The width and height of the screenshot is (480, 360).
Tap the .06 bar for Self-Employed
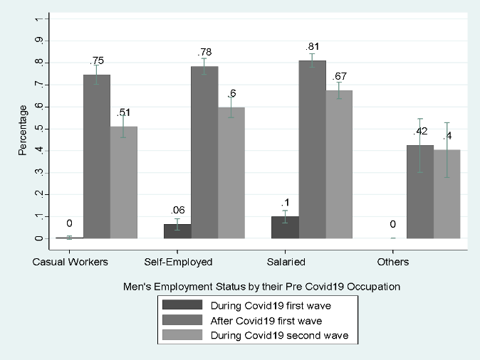pyautogui.click(x=177, y=231)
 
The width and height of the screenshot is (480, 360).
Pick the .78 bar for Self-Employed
pyautogui.click(x=204, y=152)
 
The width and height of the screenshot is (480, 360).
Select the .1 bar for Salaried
pyautogui.click(x=285, y=227)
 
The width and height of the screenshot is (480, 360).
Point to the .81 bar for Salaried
pyautogui.click(x=312, y=149)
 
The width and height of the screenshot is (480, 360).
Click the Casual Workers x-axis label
pyautogui.click(x=71, y=262)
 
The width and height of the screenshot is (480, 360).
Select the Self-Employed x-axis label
pyautogui.click(x=178, y=262)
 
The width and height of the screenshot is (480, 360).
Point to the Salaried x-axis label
pyautogui.click(x=286, y=262)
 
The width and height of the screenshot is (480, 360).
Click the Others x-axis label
pyautogui.click(x=393, y=262)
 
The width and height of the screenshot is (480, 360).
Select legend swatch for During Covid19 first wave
pyautogui.click(x=177, y=306)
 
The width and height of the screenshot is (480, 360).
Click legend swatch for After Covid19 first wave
pyautogui.click(x=177, y=321)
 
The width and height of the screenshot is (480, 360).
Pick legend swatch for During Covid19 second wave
pyautogui.click(x=177, y=336)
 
